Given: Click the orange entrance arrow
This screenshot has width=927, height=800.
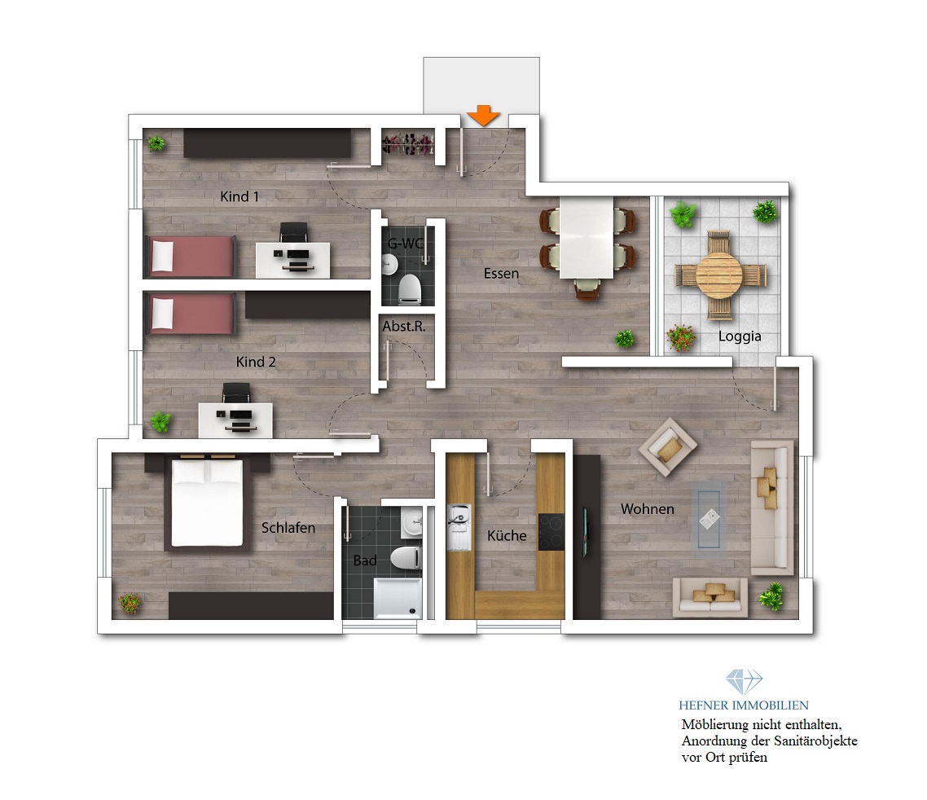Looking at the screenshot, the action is (x=484, y=116).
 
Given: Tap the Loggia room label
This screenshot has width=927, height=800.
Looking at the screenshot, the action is (x=740, y=336).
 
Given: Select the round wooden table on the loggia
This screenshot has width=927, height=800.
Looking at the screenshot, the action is (x=719, y=275).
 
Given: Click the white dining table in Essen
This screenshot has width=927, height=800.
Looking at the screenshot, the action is (x=587, y=238).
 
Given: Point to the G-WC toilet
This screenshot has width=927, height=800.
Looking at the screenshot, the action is (x=409, y=288).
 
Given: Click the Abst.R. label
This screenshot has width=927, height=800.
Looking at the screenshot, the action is (x=404, y=326).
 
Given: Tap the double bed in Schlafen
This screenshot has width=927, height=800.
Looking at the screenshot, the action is (x=207, y=503).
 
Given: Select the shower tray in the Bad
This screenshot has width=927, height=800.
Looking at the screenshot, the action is (x=398, y=599).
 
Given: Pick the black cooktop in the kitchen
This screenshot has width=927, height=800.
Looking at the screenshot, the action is (x=551, y=532).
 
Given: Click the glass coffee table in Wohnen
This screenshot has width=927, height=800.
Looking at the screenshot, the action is (x=709, y=517).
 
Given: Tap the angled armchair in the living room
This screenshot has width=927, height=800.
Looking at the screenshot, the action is (x=668, y=446).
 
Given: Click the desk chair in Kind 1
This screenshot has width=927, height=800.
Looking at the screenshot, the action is (x=293, y=232).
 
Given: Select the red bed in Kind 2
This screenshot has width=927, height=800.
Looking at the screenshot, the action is (x=191, y=314).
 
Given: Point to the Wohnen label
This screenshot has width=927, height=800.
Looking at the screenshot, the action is (x=648, y=509).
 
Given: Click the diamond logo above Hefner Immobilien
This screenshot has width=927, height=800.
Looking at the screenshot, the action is (x=744, y=682).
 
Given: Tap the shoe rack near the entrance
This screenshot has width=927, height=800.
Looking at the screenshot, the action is (x=408, y=144).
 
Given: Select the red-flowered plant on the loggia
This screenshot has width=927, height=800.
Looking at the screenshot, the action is (x=680, y=337).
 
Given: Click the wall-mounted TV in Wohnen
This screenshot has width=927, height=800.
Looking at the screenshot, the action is (x=586, y=531).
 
